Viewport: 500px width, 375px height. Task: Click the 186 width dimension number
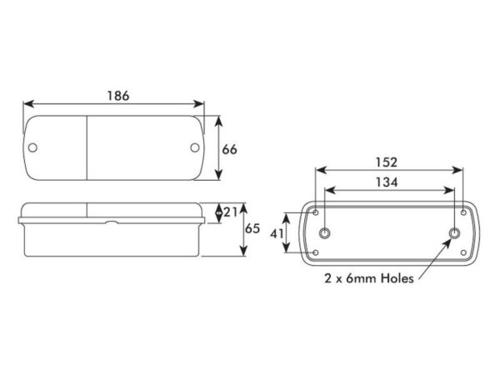click(x=118, y=96)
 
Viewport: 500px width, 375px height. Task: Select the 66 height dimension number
click(x=230, y=149)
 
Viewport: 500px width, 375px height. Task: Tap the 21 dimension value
click(x=230, y=212)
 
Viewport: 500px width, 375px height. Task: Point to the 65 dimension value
click(x=252, y=228)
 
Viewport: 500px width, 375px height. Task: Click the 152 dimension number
click(x=387, y=162)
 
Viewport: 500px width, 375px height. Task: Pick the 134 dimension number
click(x=387, y=182)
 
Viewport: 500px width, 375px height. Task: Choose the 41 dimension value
click(x=277, y=233)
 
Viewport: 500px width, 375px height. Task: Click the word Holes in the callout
click(x=397, y=278)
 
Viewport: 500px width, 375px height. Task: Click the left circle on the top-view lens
click(x=32, y=147)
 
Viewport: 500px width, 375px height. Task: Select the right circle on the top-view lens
click(x=195, y=147)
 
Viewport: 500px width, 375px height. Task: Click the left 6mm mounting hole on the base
click(x=325, y=233)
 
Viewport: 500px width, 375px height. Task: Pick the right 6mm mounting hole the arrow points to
click(x=455, y=233)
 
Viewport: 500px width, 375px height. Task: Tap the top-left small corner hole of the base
click(x=316, y=212)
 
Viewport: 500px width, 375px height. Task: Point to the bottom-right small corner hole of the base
click(x=463, y=252)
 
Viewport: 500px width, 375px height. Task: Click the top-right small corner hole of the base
click(x=463, y=212)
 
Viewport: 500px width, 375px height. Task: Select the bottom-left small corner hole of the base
click(x=316, y=252)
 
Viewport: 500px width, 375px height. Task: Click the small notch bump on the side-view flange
click(x=112, y=222)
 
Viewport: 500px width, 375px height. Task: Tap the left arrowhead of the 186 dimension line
click(x=28, y=104)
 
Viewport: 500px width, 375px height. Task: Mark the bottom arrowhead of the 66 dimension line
click(x=218, y=175)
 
